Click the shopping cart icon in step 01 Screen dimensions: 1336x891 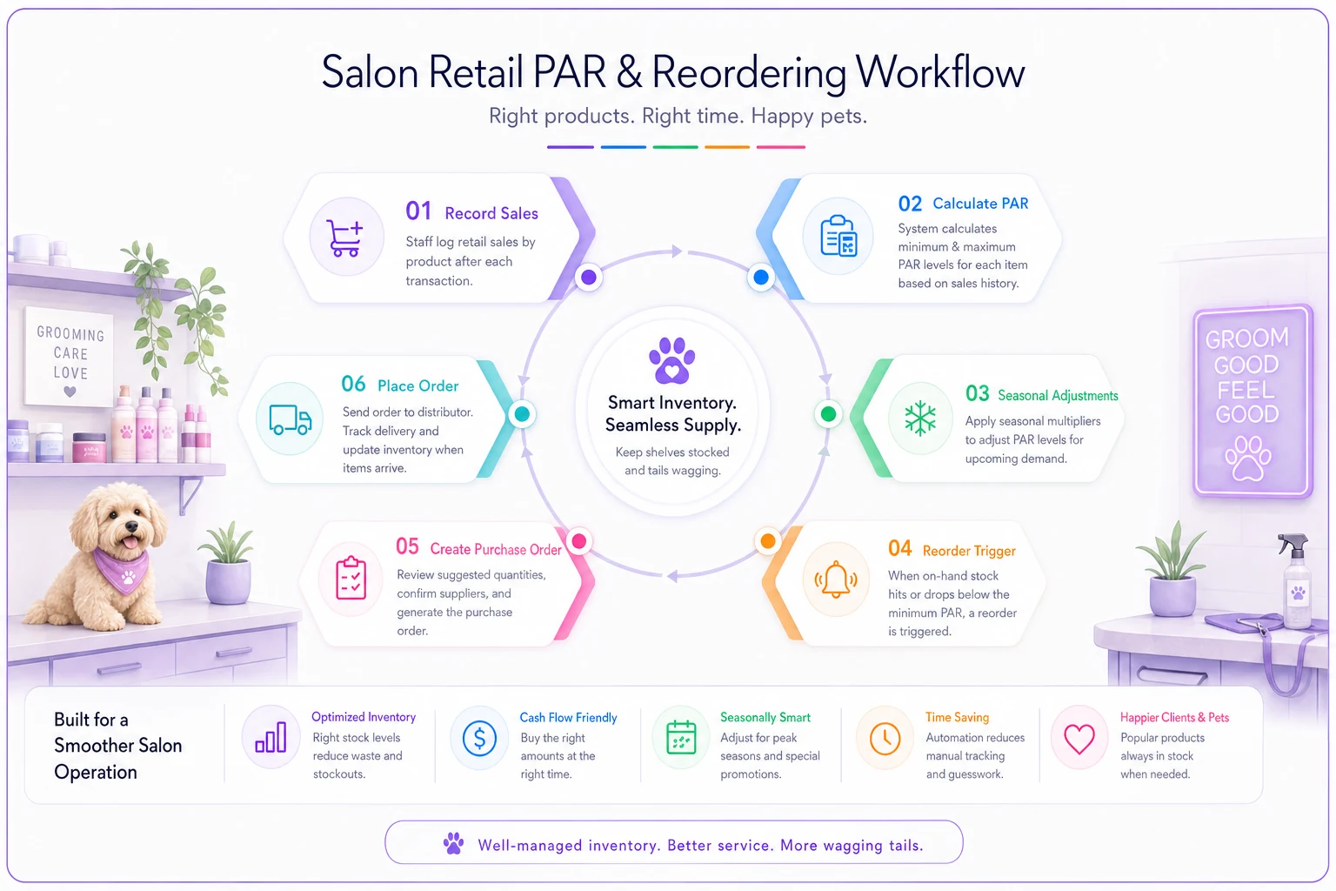(345, 238)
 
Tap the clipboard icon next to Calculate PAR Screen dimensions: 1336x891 (838, 237)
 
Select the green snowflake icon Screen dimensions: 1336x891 (919, 418)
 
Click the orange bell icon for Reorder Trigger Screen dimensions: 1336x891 (836, 579)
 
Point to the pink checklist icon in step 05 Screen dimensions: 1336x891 (351, 577)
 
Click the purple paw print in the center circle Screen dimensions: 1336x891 (671, 360)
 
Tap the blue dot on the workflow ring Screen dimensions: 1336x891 (760, 277)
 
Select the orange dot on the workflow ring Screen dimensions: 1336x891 (768, 541)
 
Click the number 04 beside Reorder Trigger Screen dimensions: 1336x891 (899, 548)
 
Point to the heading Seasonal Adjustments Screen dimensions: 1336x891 (1058, 396)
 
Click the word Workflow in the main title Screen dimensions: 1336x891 (939, 72)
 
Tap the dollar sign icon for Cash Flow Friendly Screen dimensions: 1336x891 (479, 738)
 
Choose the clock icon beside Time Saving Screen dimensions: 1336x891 (885, 739)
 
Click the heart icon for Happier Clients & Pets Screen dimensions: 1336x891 (1079, 739)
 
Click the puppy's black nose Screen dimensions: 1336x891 (131, 526)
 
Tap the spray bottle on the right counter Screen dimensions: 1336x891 (1295, 579)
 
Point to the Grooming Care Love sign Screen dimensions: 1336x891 (70, 357)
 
